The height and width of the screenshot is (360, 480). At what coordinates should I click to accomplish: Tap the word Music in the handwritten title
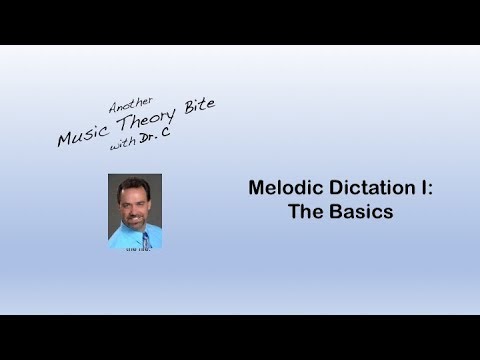(81, 135)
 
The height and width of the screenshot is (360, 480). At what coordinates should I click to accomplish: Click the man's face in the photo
(134, 201)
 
